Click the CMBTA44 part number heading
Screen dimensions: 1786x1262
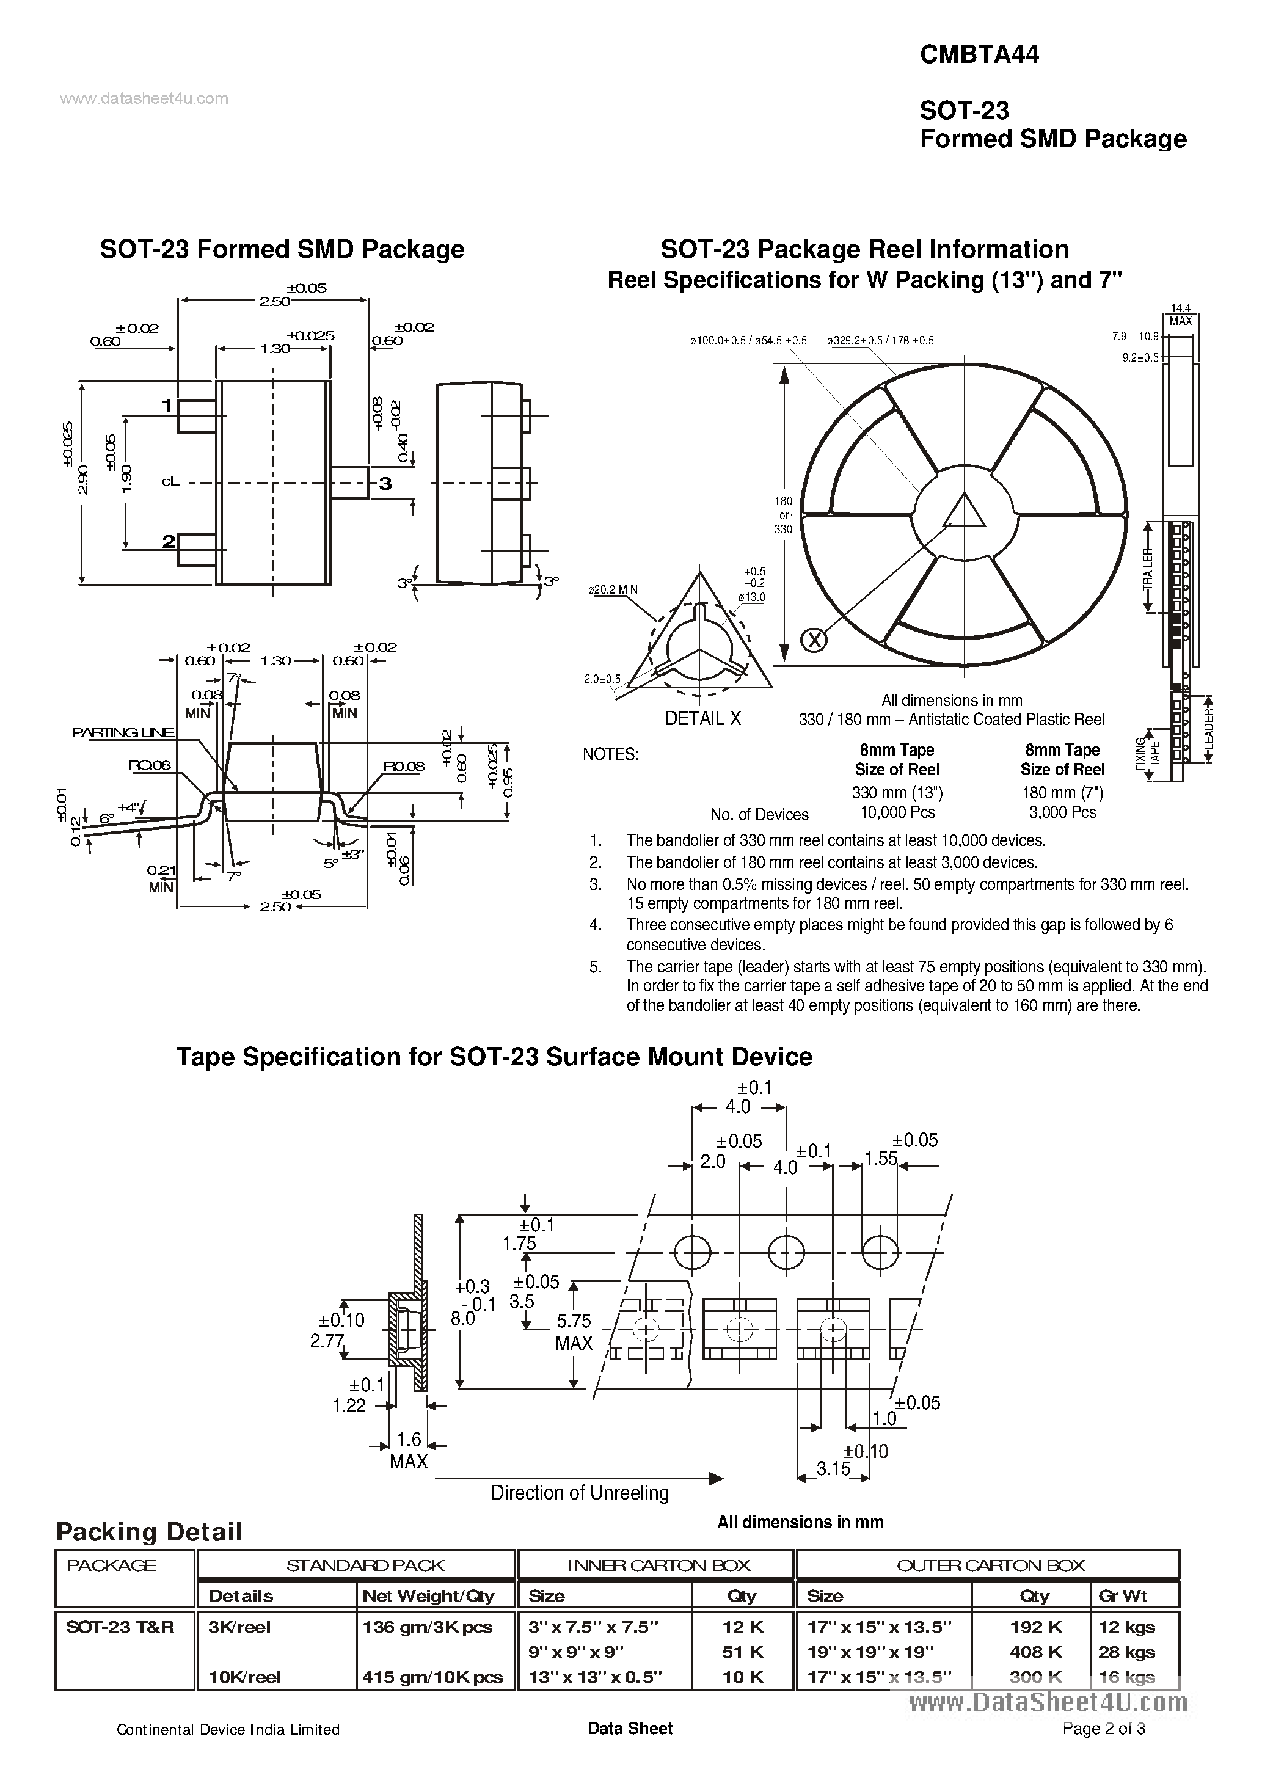coord(979,54)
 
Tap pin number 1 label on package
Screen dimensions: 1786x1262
coord(167,406)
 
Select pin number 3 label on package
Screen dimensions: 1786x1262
coord(385,484)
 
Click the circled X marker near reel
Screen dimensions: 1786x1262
coord(814,640)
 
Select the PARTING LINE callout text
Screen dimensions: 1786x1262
coord(123,733)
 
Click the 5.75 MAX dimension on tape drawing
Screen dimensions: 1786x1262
coord(574,1332)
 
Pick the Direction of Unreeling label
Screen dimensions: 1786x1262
coord(580,1493)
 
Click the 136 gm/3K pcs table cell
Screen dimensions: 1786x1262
coord(427,1627)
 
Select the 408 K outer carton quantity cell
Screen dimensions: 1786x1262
coord(1035,1652)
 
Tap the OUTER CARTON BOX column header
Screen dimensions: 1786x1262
coord(990,1565)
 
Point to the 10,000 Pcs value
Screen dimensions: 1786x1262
coord(897,812)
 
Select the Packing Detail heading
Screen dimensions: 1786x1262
coord(148,1532)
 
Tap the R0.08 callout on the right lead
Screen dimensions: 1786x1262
coord(404,766)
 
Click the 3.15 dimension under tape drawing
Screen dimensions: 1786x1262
coord(833,1468)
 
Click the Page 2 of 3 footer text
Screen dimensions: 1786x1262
coord(1103,1750)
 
